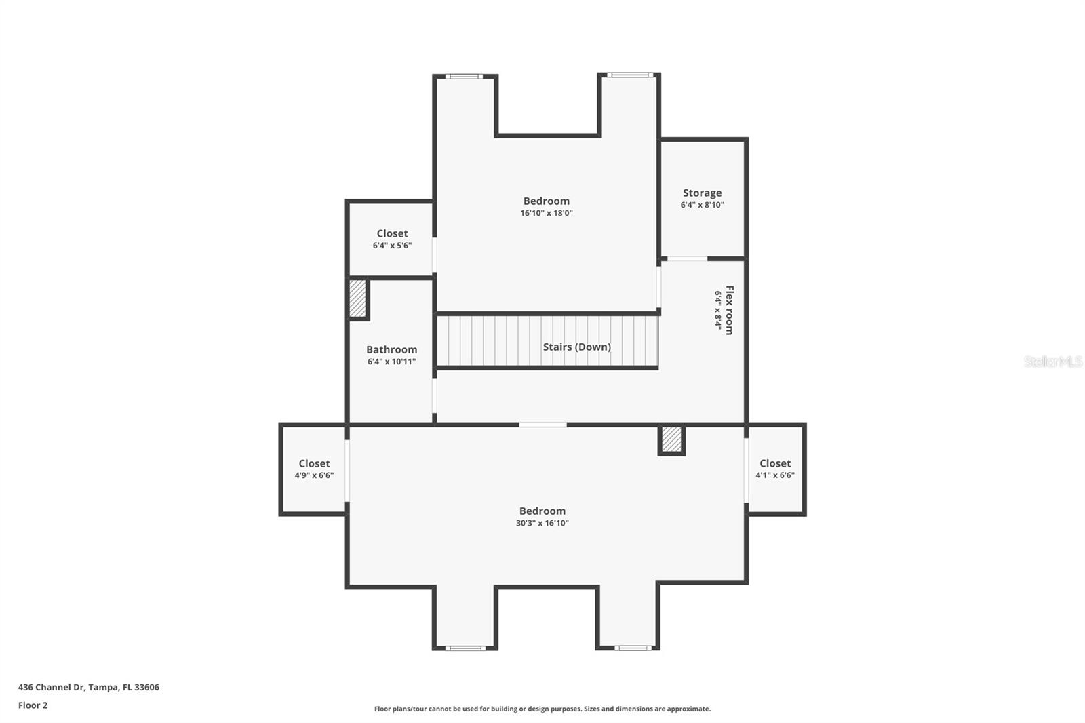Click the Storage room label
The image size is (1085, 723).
tap(702, 193)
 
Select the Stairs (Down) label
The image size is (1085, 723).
tap(577, 347)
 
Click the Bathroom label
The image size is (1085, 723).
tap(391, 349)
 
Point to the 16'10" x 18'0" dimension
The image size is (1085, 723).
tap(547, 213)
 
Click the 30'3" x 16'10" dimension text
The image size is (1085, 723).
tap(542, 523)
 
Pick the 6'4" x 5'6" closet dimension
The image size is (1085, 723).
tap(392, 246)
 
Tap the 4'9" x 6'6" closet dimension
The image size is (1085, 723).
tap(314, 475)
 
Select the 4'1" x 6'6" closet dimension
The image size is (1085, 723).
tap(775, 475)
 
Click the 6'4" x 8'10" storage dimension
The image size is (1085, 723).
tap(702, 205)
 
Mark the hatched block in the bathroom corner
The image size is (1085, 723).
tap(357, 298)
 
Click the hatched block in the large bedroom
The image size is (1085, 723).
tap(671, 439)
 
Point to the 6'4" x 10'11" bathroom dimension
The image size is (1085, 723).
tap(391, 361)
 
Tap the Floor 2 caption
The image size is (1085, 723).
tap(33, 705)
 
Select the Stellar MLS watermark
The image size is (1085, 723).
tap(1053, 361)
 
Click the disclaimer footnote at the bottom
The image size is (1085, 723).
tap(542, 709)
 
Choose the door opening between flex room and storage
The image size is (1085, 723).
tap(687, 259)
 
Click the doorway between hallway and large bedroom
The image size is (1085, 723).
tap(542, 425)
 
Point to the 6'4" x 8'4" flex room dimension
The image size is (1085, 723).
tap(718, 310)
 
